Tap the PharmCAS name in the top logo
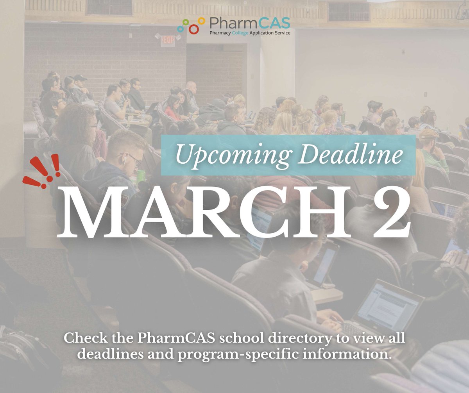point(249,23)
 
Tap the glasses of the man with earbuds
point(134,158)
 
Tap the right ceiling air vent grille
point(349,12)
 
